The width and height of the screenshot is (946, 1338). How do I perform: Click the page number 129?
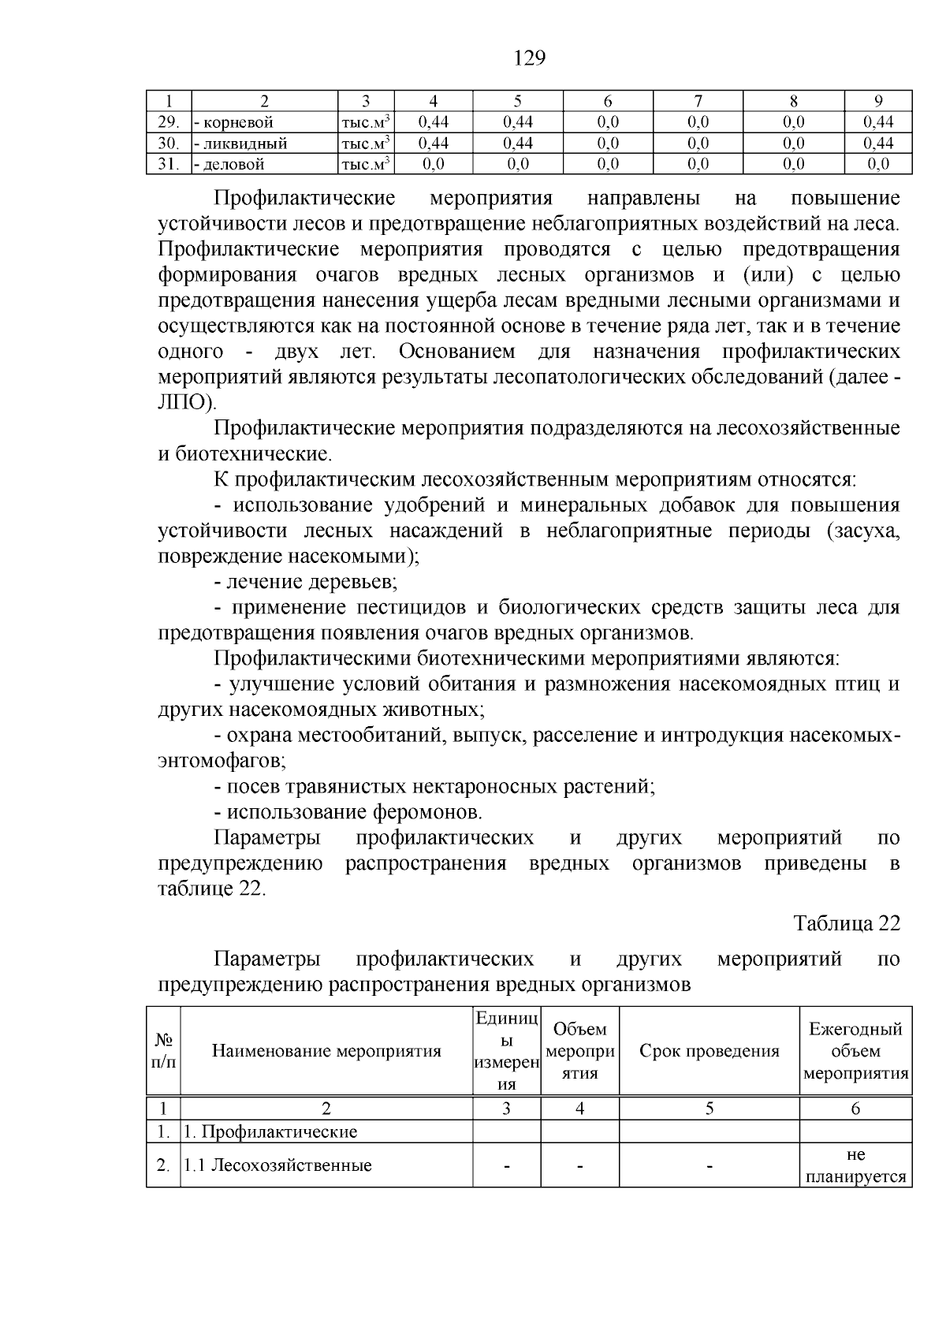[529, 58]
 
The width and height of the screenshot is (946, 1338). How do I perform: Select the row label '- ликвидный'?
[240, 143]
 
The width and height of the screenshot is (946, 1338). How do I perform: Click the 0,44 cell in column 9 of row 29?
[877, 121]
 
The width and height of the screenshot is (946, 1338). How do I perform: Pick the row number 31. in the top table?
[169, 164]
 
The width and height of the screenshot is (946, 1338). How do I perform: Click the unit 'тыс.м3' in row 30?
[366, 143]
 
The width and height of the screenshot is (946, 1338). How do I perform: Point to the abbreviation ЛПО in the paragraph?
[183, 402]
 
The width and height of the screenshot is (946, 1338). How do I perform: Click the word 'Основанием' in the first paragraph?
[457, 351]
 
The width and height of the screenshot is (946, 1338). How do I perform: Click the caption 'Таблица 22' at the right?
[846, 923]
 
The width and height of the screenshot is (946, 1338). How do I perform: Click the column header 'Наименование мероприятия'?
[326, 1050]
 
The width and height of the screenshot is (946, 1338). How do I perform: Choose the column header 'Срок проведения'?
[709, 1050]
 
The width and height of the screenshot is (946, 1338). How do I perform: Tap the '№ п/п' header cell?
[164, 1050]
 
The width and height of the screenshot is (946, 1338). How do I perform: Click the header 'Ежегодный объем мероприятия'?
[855, 1050]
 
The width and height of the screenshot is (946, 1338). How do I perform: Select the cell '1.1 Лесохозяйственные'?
[277, 1165]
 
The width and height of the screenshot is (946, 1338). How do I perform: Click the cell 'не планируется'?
[855, 1165]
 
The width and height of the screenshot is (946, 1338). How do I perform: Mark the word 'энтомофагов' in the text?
[220, 761]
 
